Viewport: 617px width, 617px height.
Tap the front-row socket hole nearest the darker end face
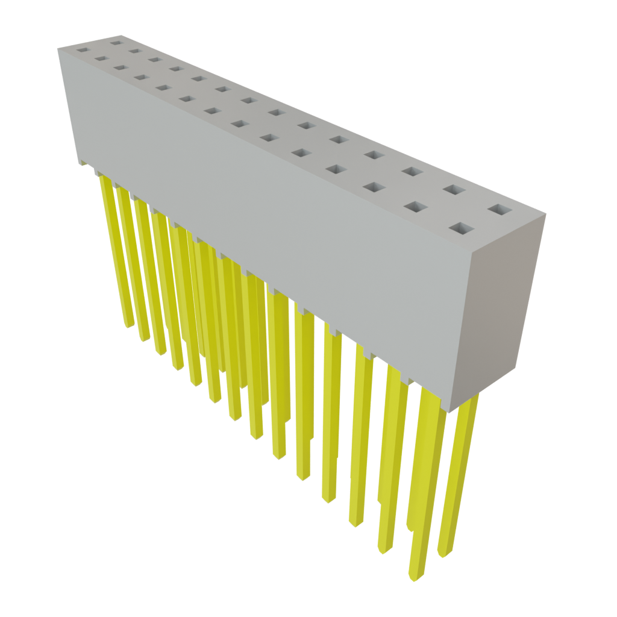(462, 228)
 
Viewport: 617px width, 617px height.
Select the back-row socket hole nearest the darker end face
(499, 210)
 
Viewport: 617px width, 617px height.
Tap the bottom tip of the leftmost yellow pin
(128, 326)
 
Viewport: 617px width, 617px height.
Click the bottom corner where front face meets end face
(449, 412)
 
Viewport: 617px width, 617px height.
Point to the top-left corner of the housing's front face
(58, 49)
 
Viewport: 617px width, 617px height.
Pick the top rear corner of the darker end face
(546, 214)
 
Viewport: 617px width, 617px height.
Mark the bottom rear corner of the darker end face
(518, 371)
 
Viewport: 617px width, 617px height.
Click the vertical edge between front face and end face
(463, 331)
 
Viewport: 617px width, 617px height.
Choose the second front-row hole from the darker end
(415, 207)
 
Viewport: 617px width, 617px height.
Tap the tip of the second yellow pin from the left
(145, 339)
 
